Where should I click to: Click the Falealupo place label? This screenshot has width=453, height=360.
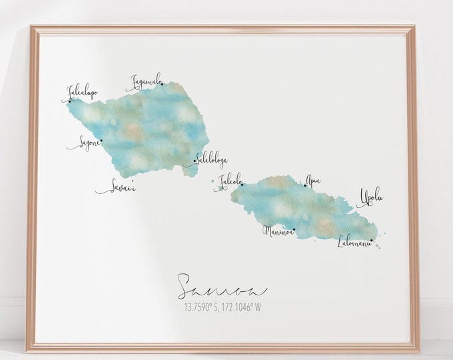tap(83, 92)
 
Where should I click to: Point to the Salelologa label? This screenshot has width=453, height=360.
tap(210, 160)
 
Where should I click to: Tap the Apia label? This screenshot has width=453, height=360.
tap(313, 179)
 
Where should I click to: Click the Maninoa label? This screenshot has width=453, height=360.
tap(278, 231)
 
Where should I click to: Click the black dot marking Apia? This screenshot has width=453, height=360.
tap(306, 185)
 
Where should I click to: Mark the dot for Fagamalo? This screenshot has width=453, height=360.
tap(161, 84)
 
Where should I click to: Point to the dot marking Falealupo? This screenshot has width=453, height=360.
tap(69, 102)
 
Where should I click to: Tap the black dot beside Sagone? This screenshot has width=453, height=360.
tap(101, 141)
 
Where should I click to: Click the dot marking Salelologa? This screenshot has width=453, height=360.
tap(195, 161)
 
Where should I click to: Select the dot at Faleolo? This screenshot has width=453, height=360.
tap(242, 184)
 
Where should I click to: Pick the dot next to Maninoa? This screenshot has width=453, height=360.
tap(294, 230)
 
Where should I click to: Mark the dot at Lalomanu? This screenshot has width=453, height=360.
tap(372, 240)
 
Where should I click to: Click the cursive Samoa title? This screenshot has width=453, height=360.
tap(222, 287)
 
